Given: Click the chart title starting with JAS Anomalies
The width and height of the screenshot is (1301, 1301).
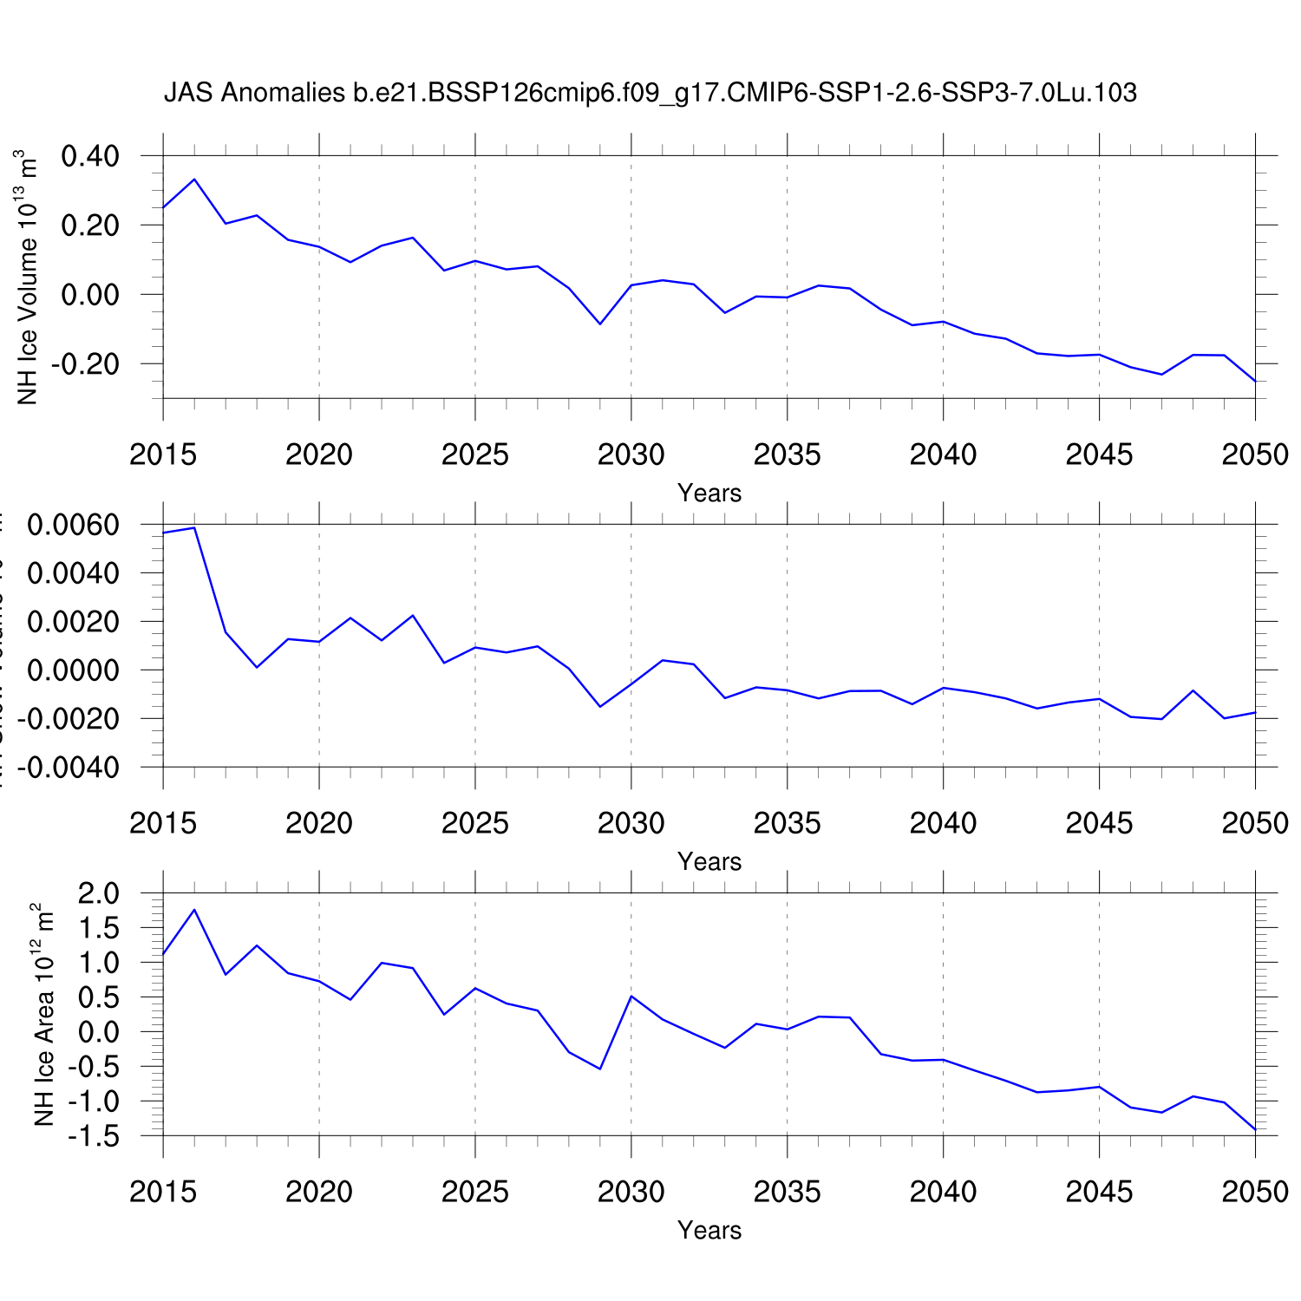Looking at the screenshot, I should (650, 93).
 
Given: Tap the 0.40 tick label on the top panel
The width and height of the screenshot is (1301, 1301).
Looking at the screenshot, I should (90, 157).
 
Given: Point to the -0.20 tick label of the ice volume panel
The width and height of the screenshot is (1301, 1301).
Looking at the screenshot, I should (85, 364).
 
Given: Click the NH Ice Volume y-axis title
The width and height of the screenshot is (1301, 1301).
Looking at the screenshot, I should (28, 278).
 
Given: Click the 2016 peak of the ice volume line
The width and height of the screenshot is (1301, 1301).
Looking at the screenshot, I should (194, 180).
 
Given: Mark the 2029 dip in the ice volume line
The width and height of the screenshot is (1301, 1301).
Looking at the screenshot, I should (600, 324).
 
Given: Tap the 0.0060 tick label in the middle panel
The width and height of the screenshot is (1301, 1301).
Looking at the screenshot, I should (74, 526).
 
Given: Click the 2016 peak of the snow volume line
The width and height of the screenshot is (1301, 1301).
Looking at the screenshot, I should (194, 527).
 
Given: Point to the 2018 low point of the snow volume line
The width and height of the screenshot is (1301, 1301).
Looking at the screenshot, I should (257, 667).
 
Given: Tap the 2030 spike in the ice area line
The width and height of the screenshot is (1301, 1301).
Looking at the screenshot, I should (631, 996).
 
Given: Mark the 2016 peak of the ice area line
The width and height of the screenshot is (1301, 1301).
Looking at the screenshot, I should (194, 910).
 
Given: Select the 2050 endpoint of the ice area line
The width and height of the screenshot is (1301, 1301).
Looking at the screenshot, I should (1255, 1129).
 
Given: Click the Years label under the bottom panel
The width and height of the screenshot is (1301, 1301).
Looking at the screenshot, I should (709, 1231).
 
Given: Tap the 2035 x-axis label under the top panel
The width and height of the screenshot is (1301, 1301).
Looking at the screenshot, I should (787, 455).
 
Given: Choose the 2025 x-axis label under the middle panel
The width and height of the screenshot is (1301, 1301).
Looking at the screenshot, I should (474, 824).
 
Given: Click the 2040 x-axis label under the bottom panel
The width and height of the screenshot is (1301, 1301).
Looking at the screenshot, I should (943, 1193).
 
